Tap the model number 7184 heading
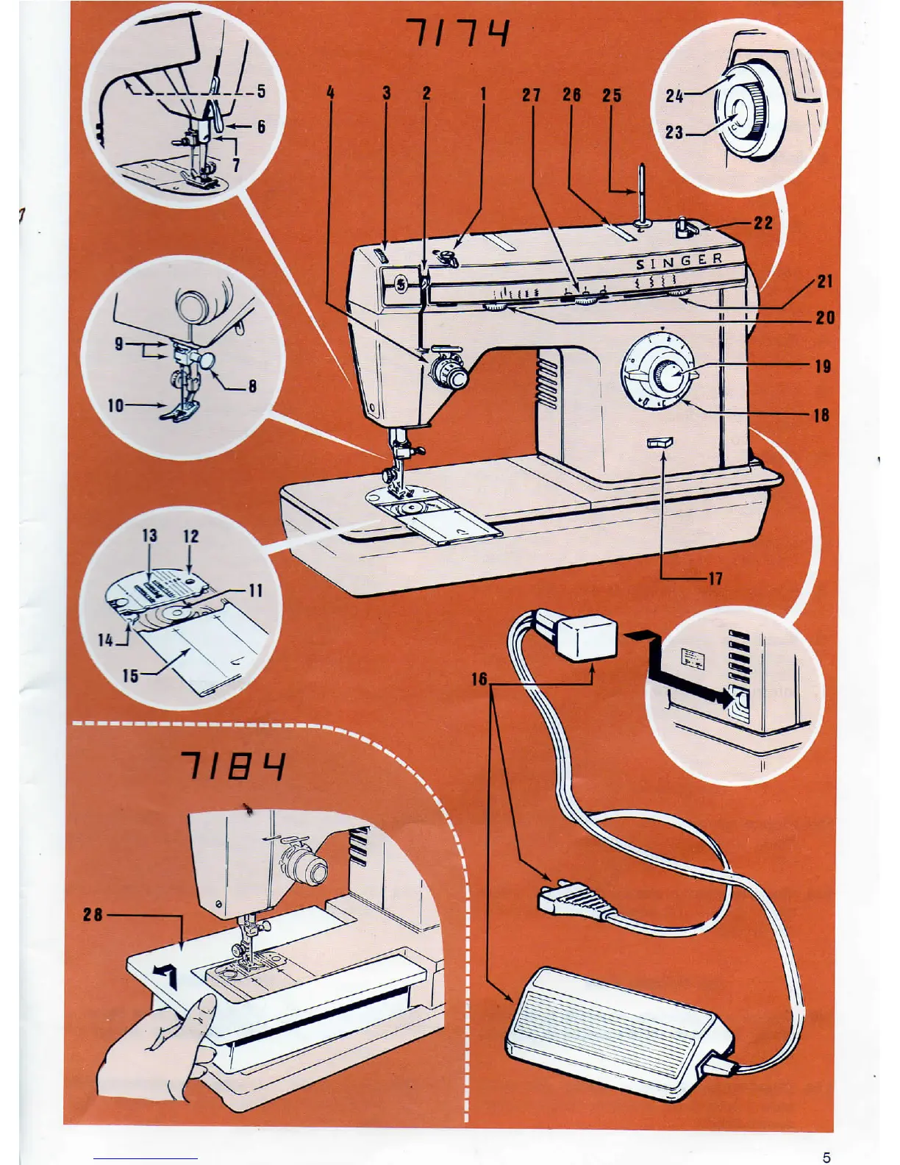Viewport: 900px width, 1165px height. [233, 766]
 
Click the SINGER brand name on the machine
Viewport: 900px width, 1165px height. [679, 261]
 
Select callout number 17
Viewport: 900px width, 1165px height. [715, 579]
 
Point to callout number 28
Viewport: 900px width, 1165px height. [93, 915]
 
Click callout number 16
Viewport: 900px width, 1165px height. [479, 679]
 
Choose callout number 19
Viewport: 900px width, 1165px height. [823, 366]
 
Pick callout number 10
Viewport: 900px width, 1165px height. [116, 405]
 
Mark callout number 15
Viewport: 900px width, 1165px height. [130, 674]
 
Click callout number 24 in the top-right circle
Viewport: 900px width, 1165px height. [674, 96]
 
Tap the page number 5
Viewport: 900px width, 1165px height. [826, 1157]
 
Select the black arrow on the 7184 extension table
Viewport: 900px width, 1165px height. [167, 977]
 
